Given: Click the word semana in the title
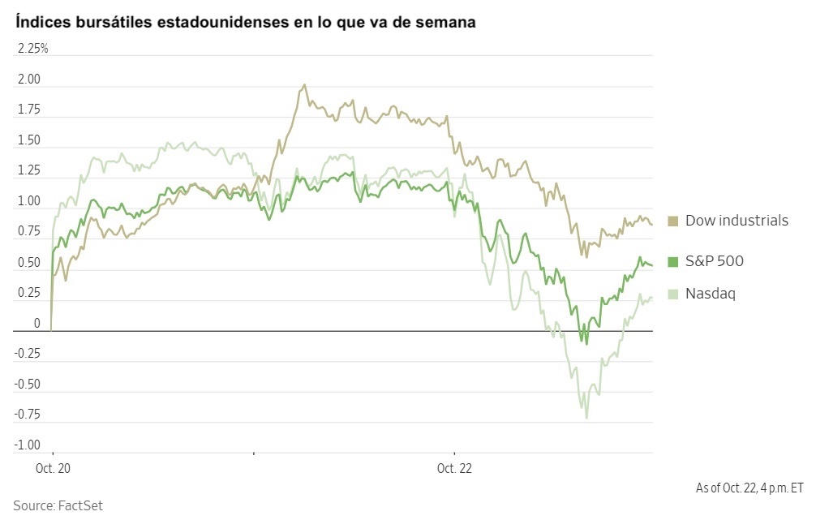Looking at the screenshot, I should click(x=445, y=22).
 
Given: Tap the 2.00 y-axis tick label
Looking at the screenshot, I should click(x=29, y=80).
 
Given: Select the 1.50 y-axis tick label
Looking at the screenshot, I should click(x=29, y=140).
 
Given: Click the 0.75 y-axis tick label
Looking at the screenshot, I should click(x=29, y=232).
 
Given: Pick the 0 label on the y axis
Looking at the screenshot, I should click(x=36, y=324).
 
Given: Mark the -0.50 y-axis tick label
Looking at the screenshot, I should click(x=27, y=385).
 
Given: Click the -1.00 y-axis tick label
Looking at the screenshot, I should click(x=27, y=445).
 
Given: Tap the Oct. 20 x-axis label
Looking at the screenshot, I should click(x=53, y=468).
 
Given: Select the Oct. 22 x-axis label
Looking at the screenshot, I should click(x=453, y=468).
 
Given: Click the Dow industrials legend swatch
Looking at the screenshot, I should click(x=673, y=221).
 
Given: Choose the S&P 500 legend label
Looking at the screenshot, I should click(x=714, y=261).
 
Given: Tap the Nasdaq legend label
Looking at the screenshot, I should click(x=710, y=294).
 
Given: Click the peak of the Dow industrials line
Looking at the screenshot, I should click(x=304, y=84).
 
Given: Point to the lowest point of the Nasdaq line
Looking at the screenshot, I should click(x=586, y=418).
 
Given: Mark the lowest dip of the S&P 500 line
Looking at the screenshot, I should click(x=586, y=343).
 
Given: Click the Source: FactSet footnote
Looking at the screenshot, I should click(x=58, y=505).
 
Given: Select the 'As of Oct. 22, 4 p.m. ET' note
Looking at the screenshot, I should click(x=749, y=488).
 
